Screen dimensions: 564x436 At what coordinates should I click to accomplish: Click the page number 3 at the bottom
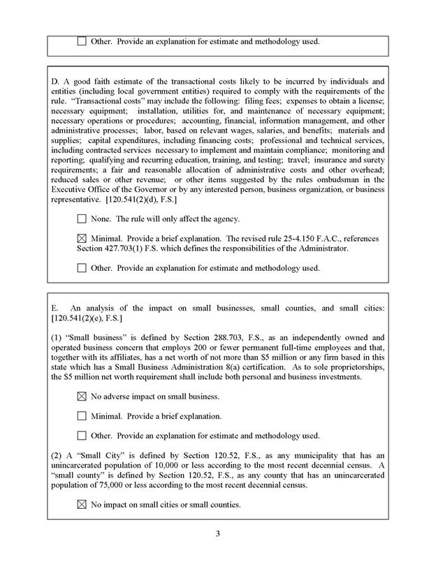click(218, 535)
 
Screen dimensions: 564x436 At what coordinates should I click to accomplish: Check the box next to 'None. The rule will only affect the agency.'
click(82, 219)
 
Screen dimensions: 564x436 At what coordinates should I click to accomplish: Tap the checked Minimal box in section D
click(82, 239)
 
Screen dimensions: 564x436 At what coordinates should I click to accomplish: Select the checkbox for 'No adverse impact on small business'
click(82, 396)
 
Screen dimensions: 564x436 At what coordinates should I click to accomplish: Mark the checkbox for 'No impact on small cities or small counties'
click(82, 504)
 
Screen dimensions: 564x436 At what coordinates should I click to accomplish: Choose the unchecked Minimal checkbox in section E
click(82, 416)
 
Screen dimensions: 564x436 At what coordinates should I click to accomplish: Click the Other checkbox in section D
click(82, 267)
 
